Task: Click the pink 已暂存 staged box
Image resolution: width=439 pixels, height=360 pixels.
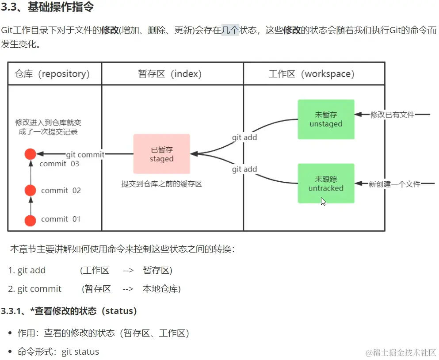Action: pos(161,154)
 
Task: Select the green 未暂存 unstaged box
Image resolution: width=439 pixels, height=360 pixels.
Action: pos(326,119)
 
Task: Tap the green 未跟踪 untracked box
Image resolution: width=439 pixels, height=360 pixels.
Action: pos(326,183)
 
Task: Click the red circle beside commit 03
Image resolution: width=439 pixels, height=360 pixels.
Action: pos(30,154)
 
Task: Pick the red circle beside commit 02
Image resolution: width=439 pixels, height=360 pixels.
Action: pos(30,191)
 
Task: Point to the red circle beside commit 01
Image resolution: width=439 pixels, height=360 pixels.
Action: pos(30,220)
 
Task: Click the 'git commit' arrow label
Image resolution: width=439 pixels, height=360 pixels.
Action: pos(85,154)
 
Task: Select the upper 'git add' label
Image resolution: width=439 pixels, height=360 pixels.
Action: pos(244,138)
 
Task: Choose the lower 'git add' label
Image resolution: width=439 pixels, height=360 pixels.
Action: pos(244,169)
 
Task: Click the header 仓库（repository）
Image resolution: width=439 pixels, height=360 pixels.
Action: pos(52,74)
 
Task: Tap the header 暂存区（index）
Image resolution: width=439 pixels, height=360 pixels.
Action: pos(170,74)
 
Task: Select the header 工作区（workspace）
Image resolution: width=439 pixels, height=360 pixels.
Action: pos(312,74)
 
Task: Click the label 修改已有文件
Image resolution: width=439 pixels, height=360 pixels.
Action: pos(392,115)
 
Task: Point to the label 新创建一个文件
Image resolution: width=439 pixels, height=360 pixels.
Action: pos(394,184)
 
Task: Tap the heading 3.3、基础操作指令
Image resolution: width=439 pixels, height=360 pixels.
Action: pos(47,8)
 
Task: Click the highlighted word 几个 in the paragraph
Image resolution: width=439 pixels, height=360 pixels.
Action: pos(230,31)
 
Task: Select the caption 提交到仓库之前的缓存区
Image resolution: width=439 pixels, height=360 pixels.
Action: pos(161,184)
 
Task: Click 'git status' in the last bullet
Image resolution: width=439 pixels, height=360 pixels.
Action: pos(80,352)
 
